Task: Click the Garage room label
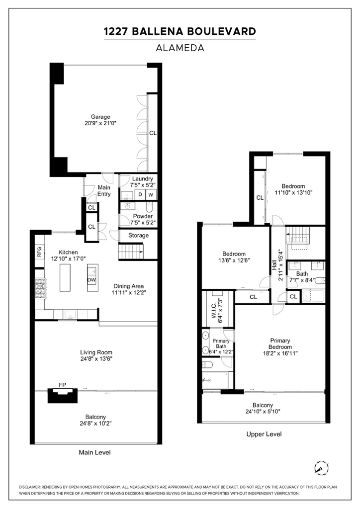(100, 117)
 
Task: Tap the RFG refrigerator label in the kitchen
(39, 252)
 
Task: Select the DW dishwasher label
(91, 280)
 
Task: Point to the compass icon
(321, 468)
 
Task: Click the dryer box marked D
(140, 194)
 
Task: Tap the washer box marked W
(151, 194)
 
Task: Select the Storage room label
(138, 235)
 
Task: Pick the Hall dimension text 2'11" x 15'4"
(280, 266)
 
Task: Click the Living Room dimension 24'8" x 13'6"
(96, 359)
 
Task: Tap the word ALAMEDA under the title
(180, 48)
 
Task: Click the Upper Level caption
(264, 434)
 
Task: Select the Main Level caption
(95, 452)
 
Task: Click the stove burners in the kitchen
(40, 288)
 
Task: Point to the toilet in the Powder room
(149, 206)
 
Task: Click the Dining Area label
(129, 286)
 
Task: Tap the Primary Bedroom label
(280, 344)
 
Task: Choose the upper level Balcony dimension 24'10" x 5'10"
(263, 412)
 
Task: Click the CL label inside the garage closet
(153, 133)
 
